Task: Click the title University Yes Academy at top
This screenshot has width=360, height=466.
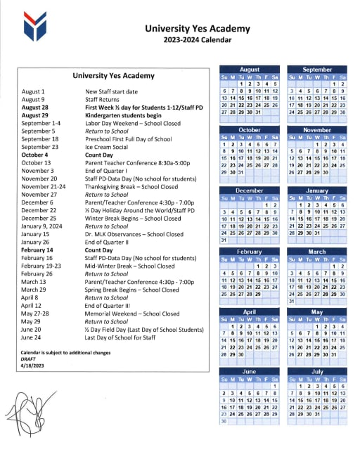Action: click(197, 29)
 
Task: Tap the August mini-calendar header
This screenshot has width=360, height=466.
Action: click(250, 70)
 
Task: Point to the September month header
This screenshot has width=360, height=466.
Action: click(317, 70)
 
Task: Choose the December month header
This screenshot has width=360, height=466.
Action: click(250, 190)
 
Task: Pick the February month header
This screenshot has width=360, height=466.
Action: click(250, 251)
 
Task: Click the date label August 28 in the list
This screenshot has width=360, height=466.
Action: click(34, 108)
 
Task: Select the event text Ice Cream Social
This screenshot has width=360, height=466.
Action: click(108, 146)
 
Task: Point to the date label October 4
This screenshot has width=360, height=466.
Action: click(34, 154)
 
